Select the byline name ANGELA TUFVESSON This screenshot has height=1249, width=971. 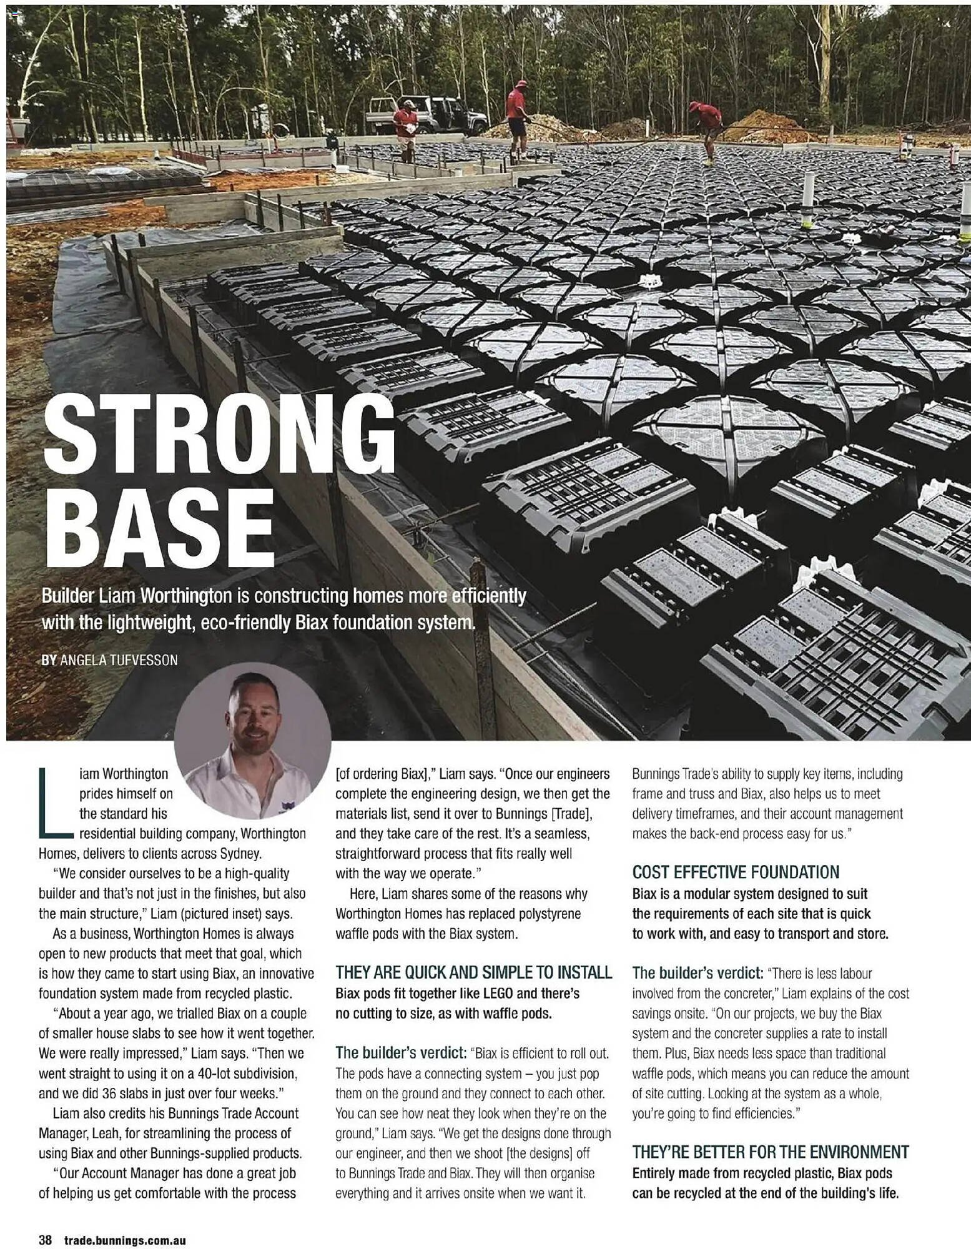pyautogui.click(x=118, y=659)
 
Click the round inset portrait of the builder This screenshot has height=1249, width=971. pyautogui.click(x=252, y=748)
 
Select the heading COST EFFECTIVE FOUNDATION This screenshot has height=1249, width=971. pyautogui.click(x=736, y=872)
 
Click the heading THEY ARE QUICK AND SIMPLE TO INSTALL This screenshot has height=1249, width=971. pyautogui.click(x=473, y=972)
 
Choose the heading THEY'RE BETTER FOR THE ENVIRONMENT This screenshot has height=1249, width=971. pyautogui.click(x=770, y=1152)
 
